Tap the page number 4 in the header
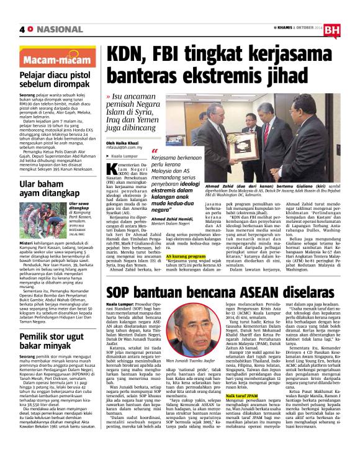point(23,29)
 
